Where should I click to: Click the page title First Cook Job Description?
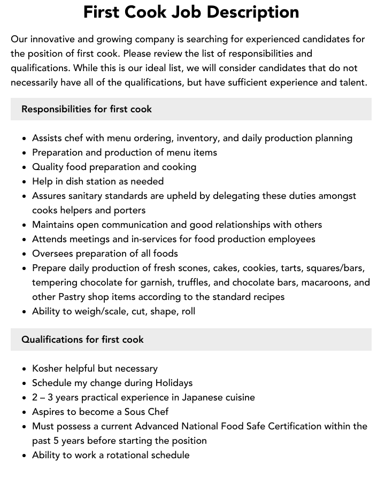(x=191, y=12)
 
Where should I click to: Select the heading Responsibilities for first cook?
(x=87, y=109)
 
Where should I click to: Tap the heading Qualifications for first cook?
(x=82, y=340)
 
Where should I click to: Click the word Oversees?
(x=53, y=253)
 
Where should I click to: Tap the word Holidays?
(x=173, y=383)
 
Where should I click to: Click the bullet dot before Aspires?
(x=25, y=412)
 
